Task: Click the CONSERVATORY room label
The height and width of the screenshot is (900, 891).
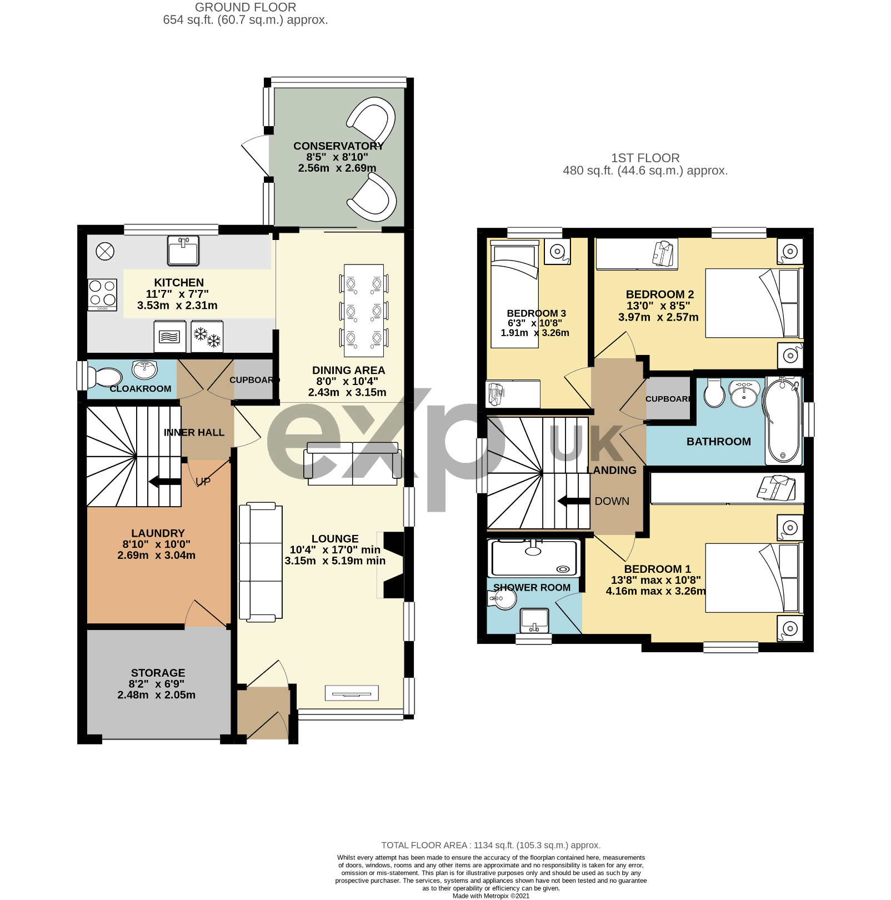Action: coord(338,146)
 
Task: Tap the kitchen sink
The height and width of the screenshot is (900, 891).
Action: coord(183,250)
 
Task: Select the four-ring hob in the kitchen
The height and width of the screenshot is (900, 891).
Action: coord(103,294)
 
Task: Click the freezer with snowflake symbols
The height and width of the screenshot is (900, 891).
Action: coord(207,337)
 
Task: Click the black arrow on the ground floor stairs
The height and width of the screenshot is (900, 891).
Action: coord(165,481)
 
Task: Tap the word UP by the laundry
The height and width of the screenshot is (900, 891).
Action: coord(203,481)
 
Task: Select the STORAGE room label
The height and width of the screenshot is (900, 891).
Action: coord(158,673)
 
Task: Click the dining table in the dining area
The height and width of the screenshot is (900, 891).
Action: coord(364,311)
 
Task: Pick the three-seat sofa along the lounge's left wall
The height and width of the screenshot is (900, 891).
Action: coord(261,561)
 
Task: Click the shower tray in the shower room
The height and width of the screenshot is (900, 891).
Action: coord(534,558)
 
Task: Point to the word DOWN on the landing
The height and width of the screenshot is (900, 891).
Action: coord(612,501)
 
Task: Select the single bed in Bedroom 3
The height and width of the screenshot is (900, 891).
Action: coord(514,294)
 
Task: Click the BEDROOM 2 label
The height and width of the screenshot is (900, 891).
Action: coord(660,294)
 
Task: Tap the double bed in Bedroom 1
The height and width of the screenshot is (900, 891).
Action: coord(754,578)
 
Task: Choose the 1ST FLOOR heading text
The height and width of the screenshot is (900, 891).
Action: coord(645,158)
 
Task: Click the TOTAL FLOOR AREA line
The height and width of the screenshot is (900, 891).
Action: coord(491,845)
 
